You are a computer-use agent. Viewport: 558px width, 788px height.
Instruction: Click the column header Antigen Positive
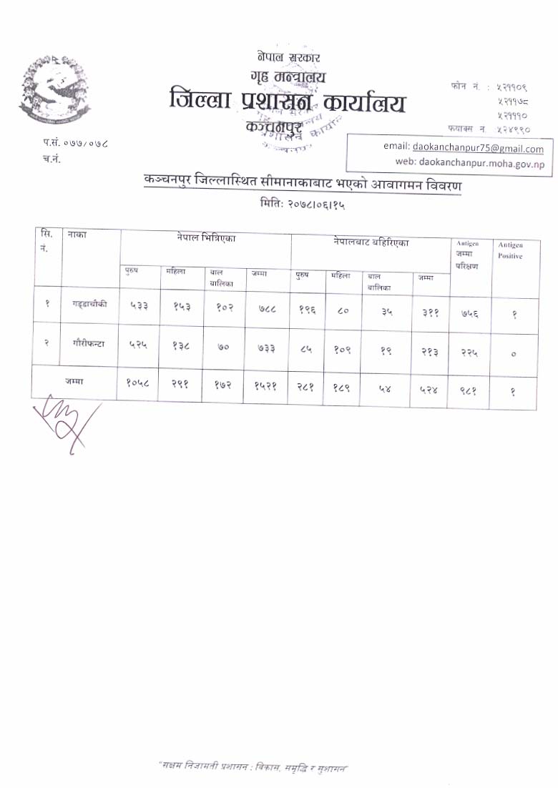click(510, 250)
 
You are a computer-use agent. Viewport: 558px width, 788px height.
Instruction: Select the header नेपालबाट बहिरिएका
click(371, 242)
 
